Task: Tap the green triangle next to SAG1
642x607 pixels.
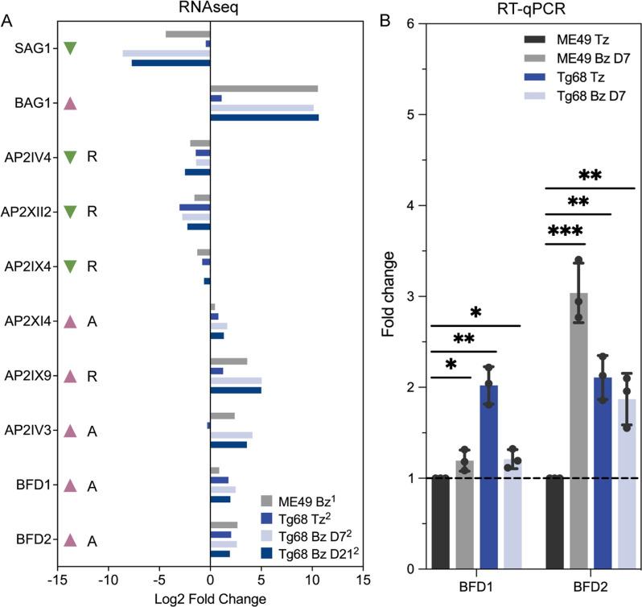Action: point(70,48)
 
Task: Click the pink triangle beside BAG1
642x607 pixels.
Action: point(70,103)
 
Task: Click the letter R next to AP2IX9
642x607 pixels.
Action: point(93,375)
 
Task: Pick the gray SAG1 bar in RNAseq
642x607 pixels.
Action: point(187,34)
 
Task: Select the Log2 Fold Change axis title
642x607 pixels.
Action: point(210,599)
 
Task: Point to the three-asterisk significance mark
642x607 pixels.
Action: point(566,232)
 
